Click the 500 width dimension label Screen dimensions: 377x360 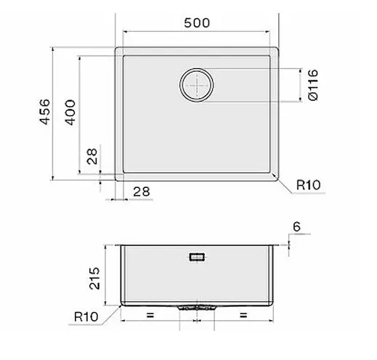(x=197, y=23)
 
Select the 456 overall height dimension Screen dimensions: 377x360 (x=45, y=112)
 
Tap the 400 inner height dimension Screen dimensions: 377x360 (x=70, y=112)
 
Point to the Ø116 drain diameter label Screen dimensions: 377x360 (x=313, y=85)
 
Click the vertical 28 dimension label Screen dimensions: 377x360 (x=92, y=156)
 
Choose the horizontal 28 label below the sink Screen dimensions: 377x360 (x=142, y=192)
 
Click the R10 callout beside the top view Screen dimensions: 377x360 (x=309, y=185)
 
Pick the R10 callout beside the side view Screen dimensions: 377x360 (x=86, y=316)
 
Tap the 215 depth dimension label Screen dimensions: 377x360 (x=94, y=279)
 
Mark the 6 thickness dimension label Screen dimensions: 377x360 (x=296, y=226)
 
